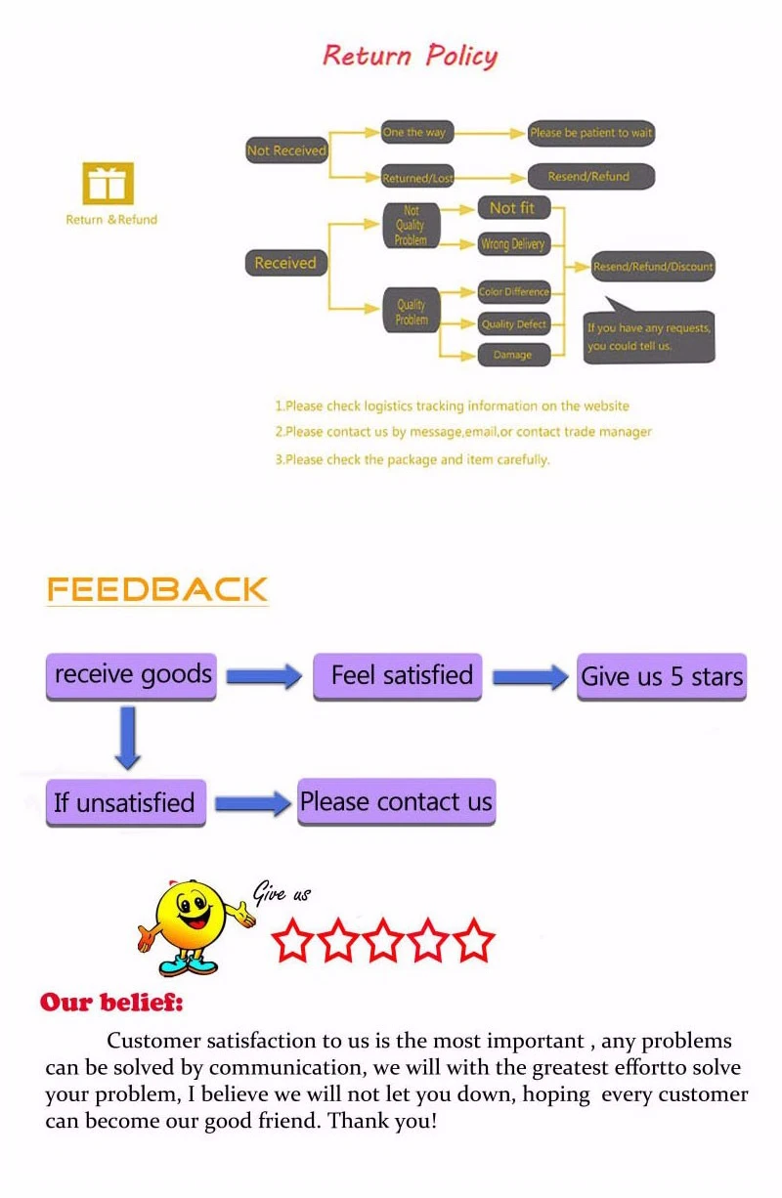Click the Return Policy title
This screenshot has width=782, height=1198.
(410, 56)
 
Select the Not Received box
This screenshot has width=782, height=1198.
(285, 150)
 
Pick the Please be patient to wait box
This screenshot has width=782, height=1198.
(590, 133)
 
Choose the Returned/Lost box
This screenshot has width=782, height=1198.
(417, 178)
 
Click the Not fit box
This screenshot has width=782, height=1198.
(512, 207)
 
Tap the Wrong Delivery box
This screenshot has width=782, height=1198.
(512, 244)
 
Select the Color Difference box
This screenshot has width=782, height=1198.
(513, 291)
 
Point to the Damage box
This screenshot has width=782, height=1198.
(513, 354)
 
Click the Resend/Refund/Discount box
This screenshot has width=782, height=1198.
(653, 266)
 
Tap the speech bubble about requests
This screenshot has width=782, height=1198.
(649, 335)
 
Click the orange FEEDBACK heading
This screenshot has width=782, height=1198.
(156, 589)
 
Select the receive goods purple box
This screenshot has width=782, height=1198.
(131, 675)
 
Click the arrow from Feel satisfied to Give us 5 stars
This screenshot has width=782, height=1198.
(530, 676)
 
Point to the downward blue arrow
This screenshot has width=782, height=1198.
(127, 738)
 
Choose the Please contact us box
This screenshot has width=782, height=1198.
(396, 802)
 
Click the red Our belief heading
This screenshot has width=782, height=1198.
(111, 1003)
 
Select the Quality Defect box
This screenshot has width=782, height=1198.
(513, 323)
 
